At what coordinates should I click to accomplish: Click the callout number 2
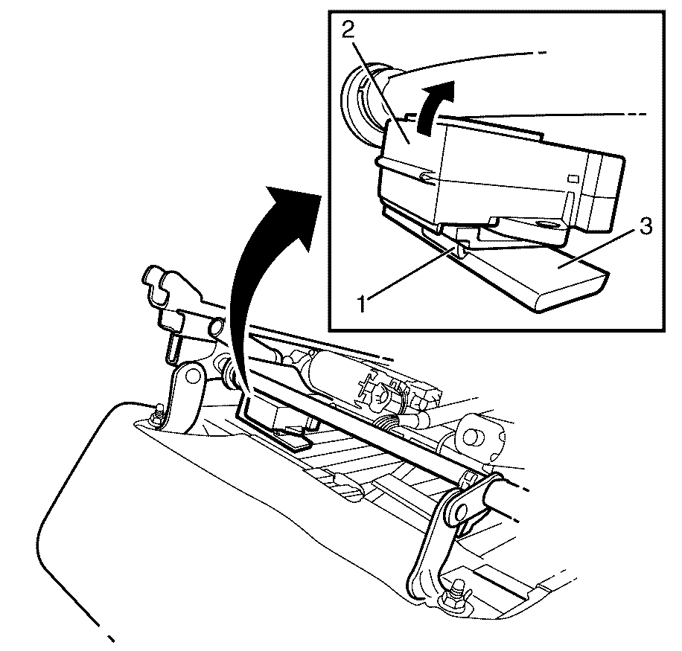click(x=348, y=30)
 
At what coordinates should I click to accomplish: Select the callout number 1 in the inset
click(x=362, y=303)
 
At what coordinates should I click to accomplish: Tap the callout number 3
click(x=646, y=226)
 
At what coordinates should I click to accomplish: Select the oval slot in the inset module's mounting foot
click(x=546, y=225)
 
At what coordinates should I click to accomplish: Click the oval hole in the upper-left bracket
click(x=216, y=325)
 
